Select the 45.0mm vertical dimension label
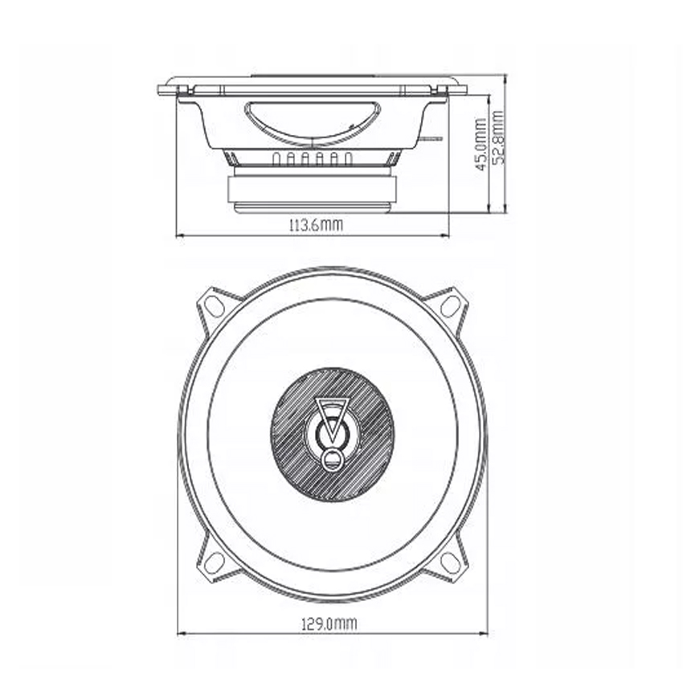click(481, 145)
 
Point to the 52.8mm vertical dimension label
click(498, 137)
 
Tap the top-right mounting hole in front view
click(450, 305)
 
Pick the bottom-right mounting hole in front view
click(450, 562)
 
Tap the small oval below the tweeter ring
click(331, 461)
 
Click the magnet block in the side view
click(310, 190)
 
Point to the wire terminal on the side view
click(432, 139)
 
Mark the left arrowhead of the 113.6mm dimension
click(179, 235)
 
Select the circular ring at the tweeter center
click(331, 435)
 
